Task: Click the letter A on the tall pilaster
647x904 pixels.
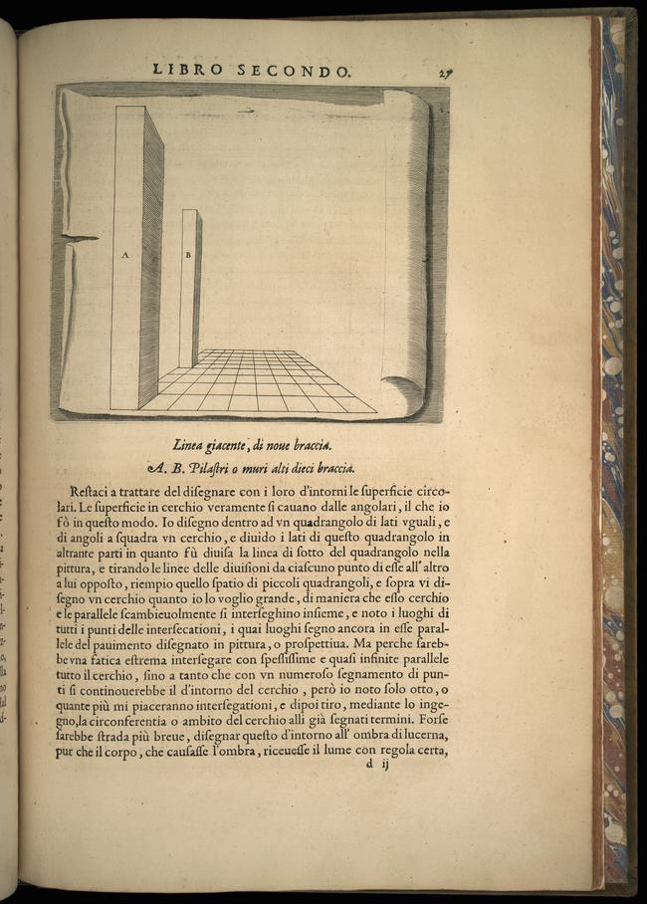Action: coord(125,255)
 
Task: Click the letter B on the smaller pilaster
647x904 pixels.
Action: coord(187,255)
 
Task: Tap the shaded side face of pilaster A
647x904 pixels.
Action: coord(152,259)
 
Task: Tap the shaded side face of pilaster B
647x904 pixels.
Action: coord(197,289)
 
